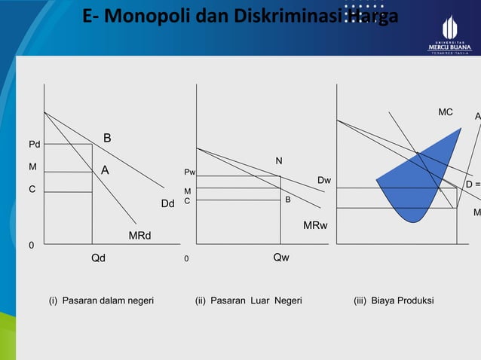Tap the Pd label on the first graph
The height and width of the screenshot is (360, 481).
pos(35,144)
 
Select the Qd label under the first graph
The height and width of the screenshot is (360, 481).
pos(98,257)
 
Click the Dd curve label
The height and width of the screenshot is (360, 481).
pos(167,203)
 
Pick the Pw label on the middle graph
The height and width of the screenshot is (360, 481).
pos(189,172)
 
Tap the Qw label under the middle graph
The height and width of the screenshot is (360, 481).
pos(280,257)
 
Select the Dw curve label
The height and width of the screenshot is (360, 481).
pos(324,181)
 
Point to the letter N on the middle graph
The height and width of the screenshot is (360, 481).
pos(278,160)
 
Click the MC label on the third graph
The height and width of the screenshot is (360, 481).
pos(446,112)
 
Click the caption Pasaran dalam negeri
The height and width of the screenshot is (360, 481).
pos(101,301)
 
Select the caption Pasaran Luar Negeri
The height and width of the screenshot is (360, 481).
pos(248,301)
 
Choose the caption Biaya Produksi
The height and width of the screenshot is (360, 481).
pos(394,301)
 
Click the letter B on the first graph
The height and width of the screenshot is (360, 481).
pos(107,138)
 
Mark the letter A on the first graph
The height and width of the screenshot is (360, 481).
pos(106,171)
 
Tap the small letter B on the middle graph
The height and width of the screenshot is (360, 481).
pos(286,200)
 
